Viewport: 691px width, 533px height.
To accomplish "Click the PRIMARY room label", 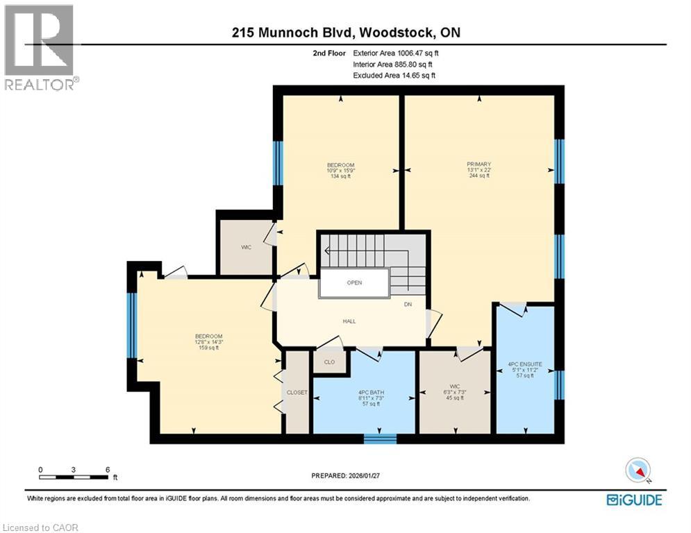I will tap(478, 164).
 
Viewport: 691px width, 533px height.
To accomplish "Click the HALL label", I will tap(350, 321).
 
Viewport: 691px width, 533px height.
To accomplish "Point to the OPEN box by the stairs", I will tap(354, 283).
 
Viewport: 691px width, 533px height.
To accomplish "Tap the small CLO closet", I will tap(330, 362).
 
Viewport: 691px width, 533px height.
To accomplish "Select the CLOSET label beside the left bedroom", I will tap(297, 392).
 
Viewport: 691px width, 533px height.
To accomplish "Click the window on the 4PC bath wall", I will tap(381, 439).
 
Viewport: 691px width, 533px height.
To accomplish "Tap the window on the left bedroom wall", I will tap(131, 325).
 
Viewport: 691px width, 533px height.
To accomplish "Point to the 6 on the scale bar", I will tap(108, 469).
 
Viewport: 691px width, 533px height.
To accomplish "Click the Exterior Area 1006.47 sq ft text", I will tap(396, 53).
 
